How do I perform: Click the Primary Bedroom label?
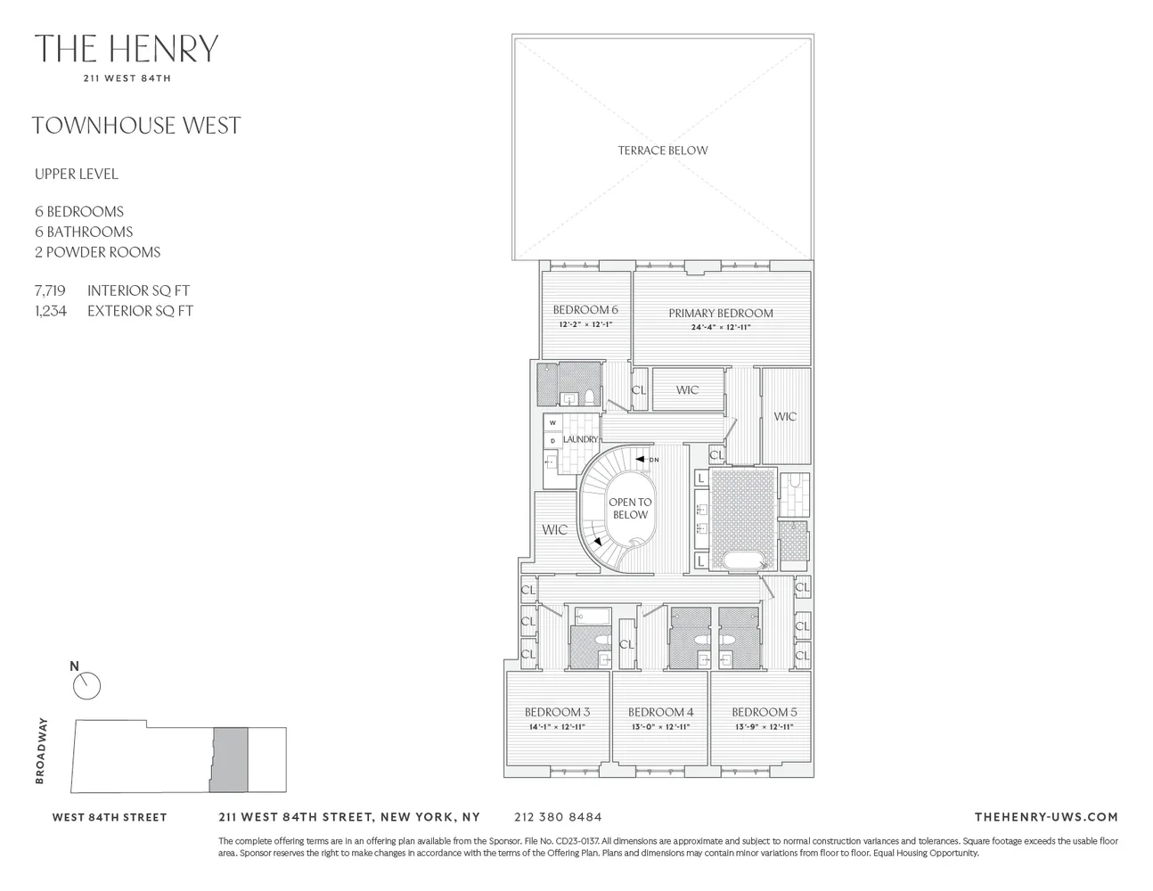[721, 313]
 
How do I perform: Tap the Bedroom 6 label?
[585, 310]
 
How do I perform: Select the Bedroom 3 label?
[557, 712]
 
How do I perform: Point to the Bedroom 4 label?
[660, 712]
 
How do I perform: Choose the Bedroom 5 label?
[764, 712]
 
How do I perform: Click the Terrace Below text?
[663, 151]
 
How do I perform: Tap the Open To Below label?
[630, 509]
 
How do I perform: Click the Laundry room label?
[580, 440]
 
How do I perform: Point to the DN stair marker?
[653, 460]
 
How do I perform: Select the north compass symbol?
[86, 685]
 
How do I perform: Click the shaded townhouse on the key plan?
[229, 759]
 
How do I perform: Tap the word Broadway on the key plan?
[40, 751]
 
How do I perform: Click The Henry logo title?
[127, 49]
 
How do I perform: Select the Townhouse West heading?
[136, 126]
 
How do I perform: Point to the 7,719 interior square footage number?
[50, 290]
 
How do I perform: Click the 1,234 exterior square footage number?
[50, 311]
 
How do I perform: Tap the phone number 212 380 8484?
[558, 817]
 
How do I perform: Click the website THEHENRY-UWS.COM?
[1046, 817]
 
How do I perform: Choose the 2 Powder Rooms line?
[98, 252]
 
